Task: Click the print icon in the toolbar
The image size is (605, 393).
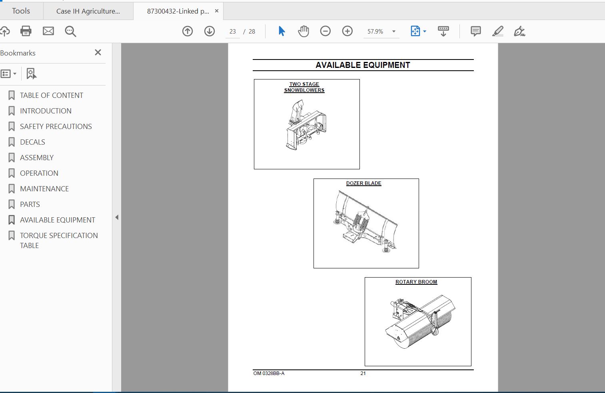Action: coord(26,31)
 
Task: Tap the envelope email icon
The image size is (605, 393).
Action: coord(48,31)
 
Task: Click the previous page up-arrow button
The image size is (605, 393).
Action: coord(188,31)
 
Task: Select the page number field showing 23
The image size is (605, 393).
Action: coord(233,32)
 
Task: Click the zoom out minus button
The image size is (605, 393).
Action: coord(325,31)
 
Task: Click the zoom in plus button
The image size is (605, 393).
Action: coord(347,31)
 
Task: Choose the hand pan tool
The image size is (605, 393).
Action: coord(303,31)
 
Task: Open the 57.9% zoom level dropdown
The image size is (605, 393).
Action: coord(394,31)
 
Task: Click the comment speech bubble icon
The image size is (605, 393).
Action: coord(475,31)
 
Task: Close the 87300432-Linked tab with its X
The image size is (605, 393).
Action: coord(217,11)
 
